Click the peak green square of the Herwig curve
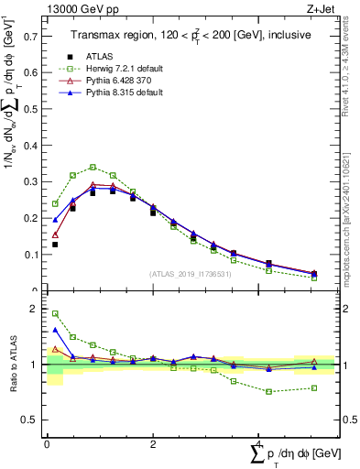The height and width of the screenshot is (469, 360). (x=93, y=167)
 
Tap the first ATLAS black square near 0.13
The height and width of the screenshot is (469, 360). (x=55, y=245)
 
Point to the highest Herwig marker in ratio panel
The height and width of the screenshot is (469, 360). (x=55, y=313)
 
